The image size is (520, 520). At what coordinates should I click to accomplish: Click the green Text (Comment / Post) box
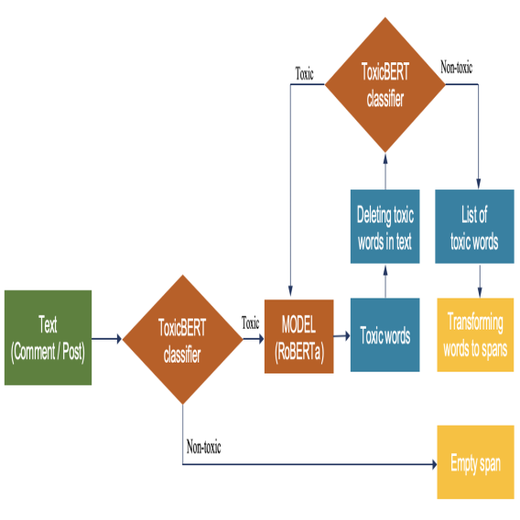point(48,337)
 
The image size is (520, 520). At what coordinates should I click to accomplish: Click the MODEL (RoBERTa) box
point(298,336)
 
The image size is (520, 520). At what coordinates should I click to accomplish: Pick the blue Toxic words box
point(385,335)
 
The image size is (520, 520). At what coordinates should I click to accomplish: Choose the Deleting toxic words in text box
point(385,226)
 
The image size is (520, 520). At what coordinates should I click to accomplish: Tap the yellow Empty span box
point(475,462)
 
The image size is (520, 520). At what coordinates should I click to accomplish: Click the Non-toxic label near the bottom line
point(203,448)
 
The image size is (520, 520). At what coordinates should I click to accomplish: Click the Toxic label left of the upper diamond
point(304,74)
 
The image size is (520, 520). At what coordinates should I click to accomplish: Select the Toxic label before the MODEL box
point(250,322)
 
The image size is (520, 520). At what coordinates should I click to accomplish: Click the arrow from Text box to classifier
point(106,339)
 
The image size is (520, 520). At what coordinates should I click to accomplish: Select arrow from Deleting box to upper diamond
point(385,170)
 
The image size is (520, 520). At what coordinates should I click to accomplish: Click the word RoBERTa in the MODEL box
point(298,348)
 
